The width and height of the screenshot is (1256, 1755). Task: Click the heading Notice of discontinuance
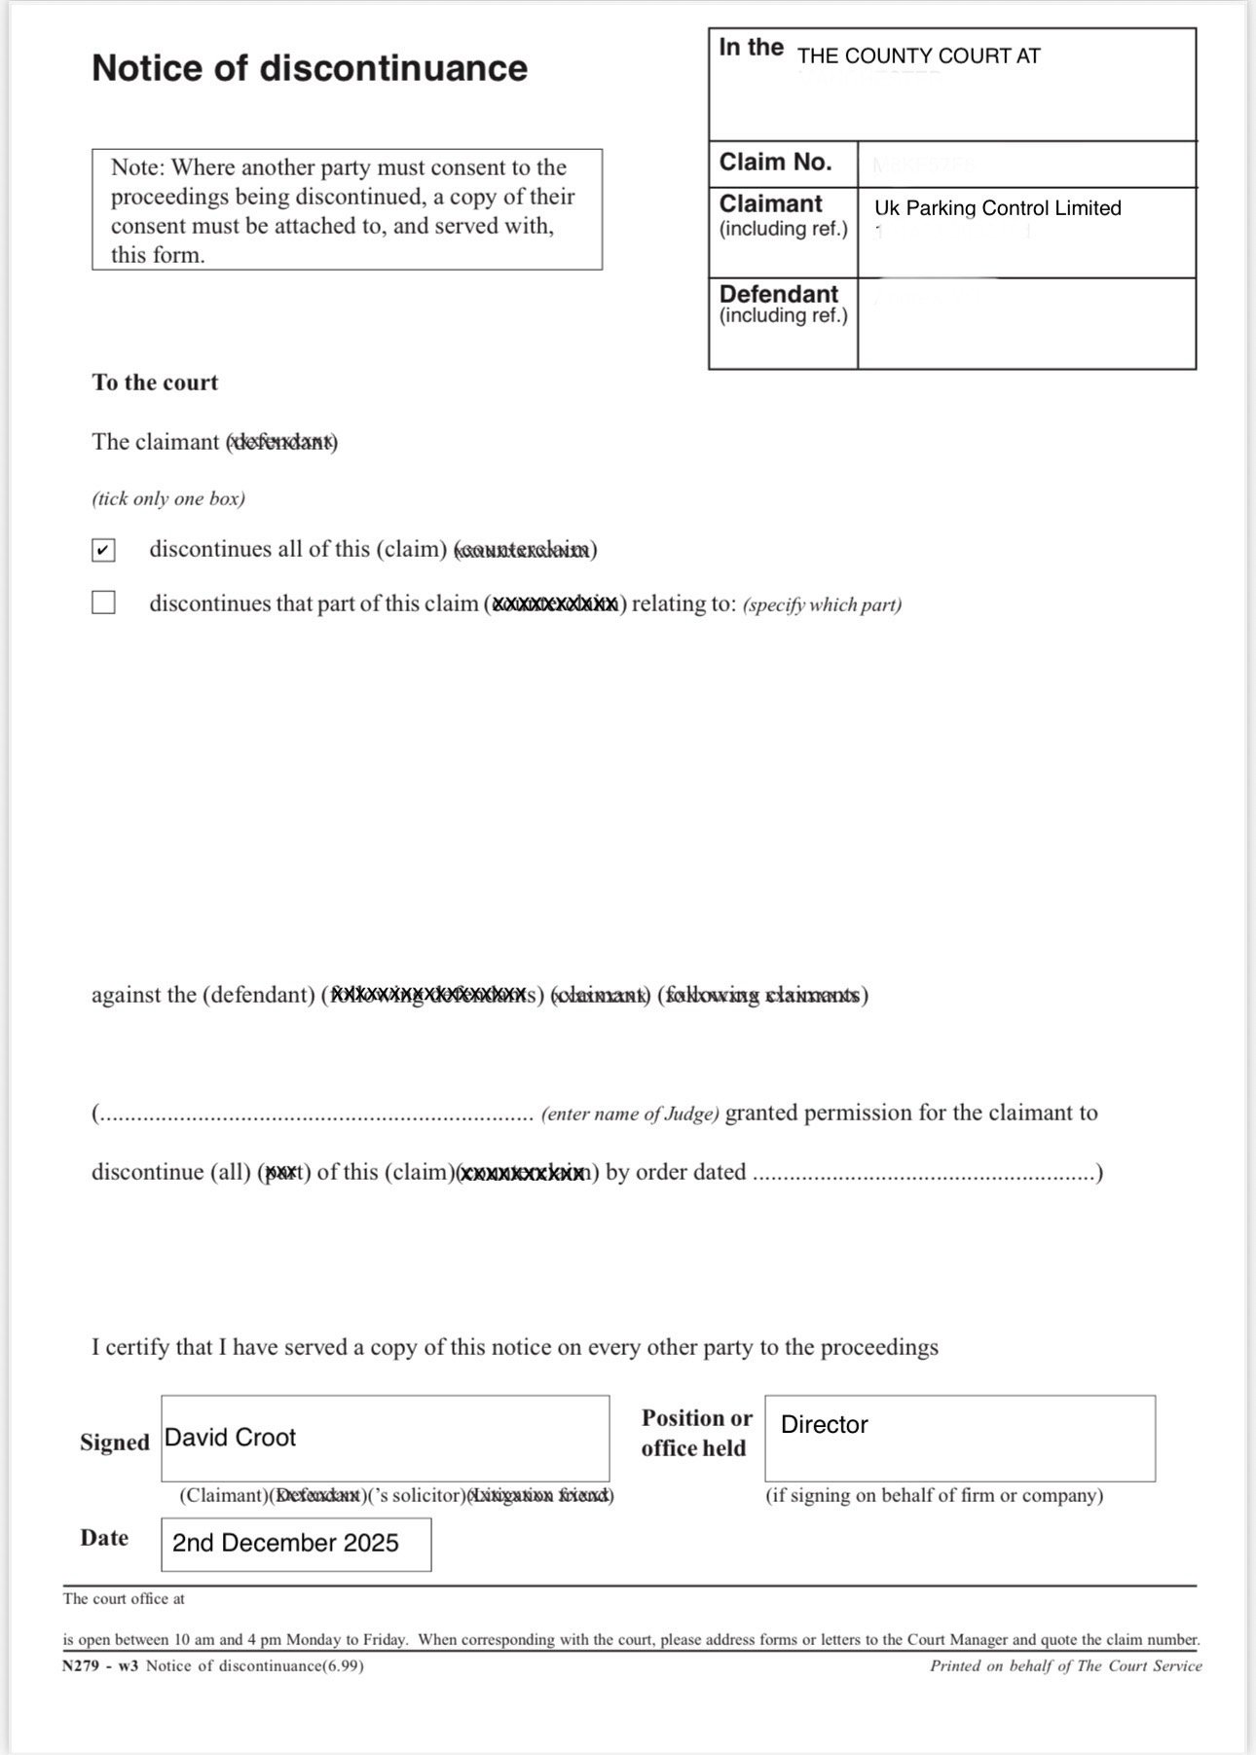(310, 68)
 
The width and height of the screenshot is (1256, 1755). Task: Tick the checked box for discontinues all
(103, 550)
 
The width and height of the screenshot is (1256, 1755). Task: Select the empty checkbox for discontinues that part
(103, 603)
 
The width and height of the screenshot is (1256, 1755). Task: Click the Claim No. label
(775, 162)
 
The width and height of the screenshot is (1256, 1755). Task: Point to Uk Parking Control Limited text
(997, 208)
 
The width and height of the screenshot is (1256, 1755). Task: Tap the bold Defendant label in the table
(778, 294)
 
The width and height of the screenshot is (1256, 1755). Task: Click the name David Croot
(230, 1438)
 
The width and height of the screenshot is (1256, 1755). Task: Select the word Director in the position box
(824, 1425)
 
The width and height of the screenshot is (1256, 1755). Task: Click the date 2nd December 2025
(285, 1543)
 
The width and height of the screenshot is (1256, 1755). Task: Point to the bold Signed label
(115, 1443)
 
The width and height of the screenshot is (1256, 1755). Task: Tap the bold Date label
(104, 1538)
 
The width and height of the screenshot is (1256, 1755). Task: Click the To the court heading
(155, 383)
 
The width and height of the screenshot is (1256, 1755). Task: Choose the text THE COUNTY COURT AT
(918, 56)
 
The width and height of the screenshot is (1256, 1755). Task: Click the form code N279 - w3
(100, 1665)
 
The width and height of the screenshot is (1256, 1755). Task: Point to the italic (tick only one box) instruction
(168, 499)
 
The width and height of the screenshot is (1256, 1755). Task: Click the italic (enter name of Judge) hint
(630, 1114)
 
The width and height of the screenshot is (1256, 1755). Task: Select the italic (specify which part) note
(822, 604)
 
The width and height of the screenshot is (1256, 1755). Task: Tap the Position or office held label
(696, 1433)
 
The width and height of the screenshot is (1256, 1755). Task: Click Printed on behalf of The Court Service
(1065, 1665)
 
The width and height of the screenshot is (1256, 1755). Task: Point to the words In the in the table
(751, 48)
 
